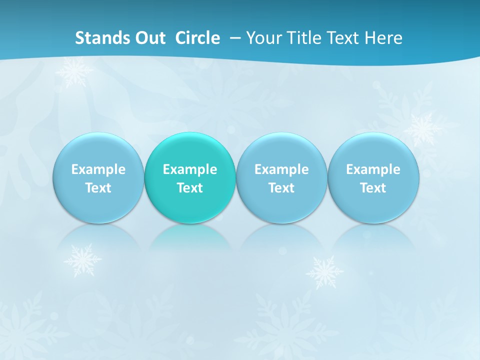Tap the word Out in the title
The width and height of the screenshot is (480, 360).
(149, 38)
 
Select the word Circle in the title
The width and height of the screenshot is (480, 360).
(197, 38)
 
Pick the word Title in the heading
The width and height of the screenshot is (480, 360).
(305, 38)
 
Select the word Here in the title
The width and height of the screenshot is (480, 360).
(384, 38)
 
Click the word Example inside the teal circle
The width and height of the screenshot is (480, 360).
(190, 169)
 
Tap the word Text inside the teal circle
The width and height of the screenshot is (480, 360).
(190, 188)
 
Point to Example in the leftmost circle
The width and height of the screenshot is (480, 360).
(98, 169)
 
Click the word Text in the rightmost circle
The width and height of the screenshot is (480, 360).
(373, 188)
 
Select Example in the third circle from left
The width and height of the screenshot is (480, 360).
(281, 169)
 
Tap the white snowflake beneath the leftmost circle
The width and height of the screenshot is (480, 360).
(82, 260)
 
